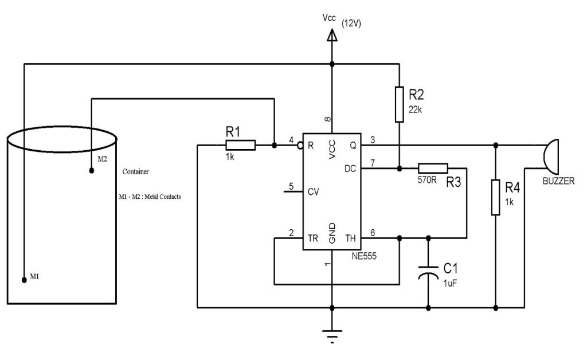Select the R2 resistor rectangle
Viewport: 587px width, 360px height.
click(400, 104)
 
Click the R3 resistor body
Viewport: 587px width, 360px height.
click(433, 168)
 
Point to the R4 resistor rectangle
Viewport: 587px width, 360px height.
click(495, 197)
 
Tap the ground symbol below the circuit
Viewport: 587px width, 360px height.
click(332, 332)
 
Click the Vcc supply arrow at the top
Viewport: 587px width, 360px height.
click(331, 36)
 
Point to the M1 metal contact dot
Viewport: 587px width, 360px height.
click(24, 280)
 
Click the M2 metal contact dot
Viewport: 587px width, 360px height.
click(91, 170)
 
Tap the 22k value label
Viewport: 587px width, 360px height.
click(416, 109)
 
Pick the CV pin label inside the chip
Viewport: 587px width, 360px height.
click(313, 191)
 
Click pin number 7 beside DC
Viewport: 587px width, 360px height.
click(373, 163)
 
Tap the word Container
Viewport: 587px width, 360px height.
click(136, 171)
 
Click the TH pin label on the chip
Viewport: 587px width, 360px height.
click(351, 237)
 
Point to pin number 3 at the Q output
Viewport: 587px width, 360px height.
click(373, 139)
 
